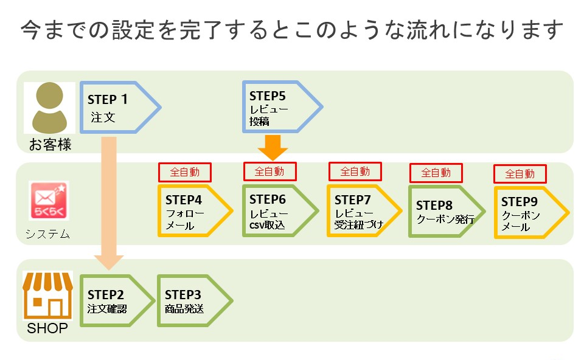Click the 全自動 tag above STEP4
[184, 172]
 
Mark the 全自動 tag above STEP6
[269, 171]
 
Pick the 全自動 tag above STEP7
[355, 171]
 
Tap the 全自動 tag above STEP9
[520, 174]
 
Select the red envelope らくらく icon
[49, 200]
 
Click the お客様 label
[50, 145]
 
